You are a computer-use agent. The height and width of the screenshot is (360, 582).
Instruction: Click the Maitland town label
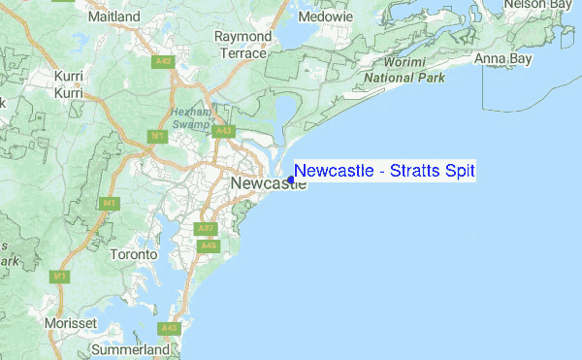(x=113, y=16)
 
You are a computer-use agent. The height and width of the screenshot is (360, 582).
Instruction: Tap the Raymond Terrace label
(x=242, y=44)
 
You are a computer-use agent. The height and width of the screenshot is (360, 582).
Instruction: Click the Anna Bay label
(x=502, y=59)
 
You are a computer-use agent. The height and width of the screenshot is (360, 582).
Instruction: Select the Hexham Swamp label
(x=191, y=117)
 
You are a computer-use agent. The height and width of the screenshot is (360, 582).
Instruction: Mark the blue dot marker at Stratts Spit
(x=290, y=180)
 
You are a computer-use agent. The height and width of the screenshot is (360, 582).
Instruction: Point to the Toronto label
(x=133, y=254)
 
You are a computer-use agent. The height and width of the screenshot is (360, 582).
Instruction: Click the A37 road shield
(x=204, y=229)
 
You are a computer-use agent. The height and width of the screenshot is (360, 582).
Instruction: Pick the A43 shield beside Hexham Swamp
(x=223, y=131)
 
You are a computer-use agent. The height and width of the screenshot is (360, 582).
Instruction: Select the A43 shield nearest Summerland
(x=170, y=328)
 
